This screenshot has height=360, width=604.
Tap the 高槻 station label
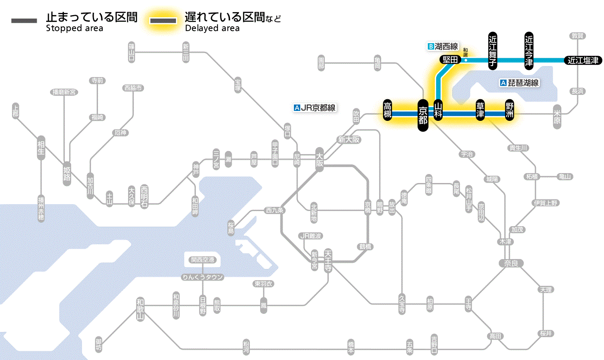point(388,111)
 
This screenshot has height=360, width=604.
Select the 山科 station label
point(438,111)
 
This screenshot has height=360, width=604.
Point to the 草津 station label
point(480,111)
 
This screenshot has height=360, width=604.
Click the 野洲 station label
point(510,111)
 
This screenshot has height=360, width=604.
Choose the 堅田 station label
point(450,60)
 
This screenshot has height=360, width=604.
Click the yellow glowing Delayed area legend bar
point(163,21)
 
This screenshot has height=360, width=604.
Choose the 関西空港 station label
point(202,260)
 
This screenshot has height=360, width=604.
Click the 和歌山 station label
point(140,309)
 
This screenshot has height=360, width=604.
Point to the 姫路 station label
point(67,173)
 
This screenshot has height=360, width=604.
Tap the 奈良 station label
point(510,263)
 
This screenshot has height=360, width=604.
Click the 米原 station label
point(557,116)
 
